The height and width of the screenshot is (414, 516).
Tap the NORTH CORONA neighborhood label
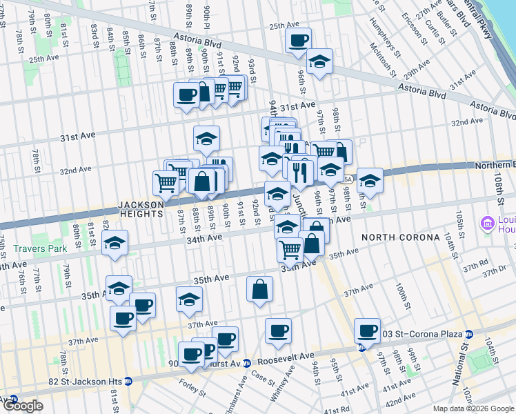(401, 237)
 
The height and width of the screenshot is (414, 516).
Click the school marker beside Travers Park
(115, 243)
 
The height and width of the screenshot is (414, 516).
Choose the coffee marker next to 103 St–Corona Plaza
(368, 331)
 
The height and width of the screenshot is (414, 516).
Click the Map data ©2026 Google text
(473, 408)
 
